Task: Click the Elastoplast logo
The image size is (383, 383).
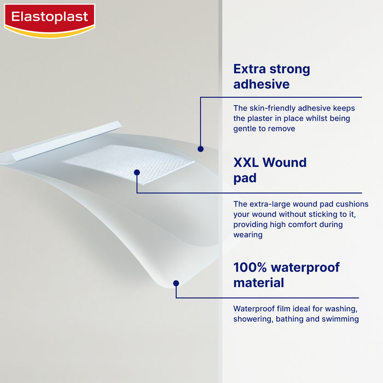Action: (x=50, y=19)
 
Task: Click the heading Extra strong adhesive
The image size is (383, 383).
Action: (x=271, y=77)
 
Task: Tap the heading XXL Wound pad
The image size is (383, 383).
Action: (x=270, y=170)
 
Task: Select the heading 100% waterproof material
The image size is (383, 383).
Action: (x=286, y=275)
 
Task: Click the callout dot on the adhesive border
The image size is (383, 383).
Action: (x=201, y=148)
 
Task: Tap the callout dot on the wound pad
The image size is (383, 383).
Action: (x=137, y=173)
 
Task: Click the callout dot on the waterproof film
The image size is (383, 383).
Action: (x=176, y=283)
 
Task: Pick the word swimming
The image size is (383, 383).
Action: (x=341, y=319)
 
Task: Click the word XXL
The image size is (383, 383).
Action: (x=246, y=163)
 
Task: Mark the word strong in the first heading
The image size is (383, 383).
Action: (x=288, y=69)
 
